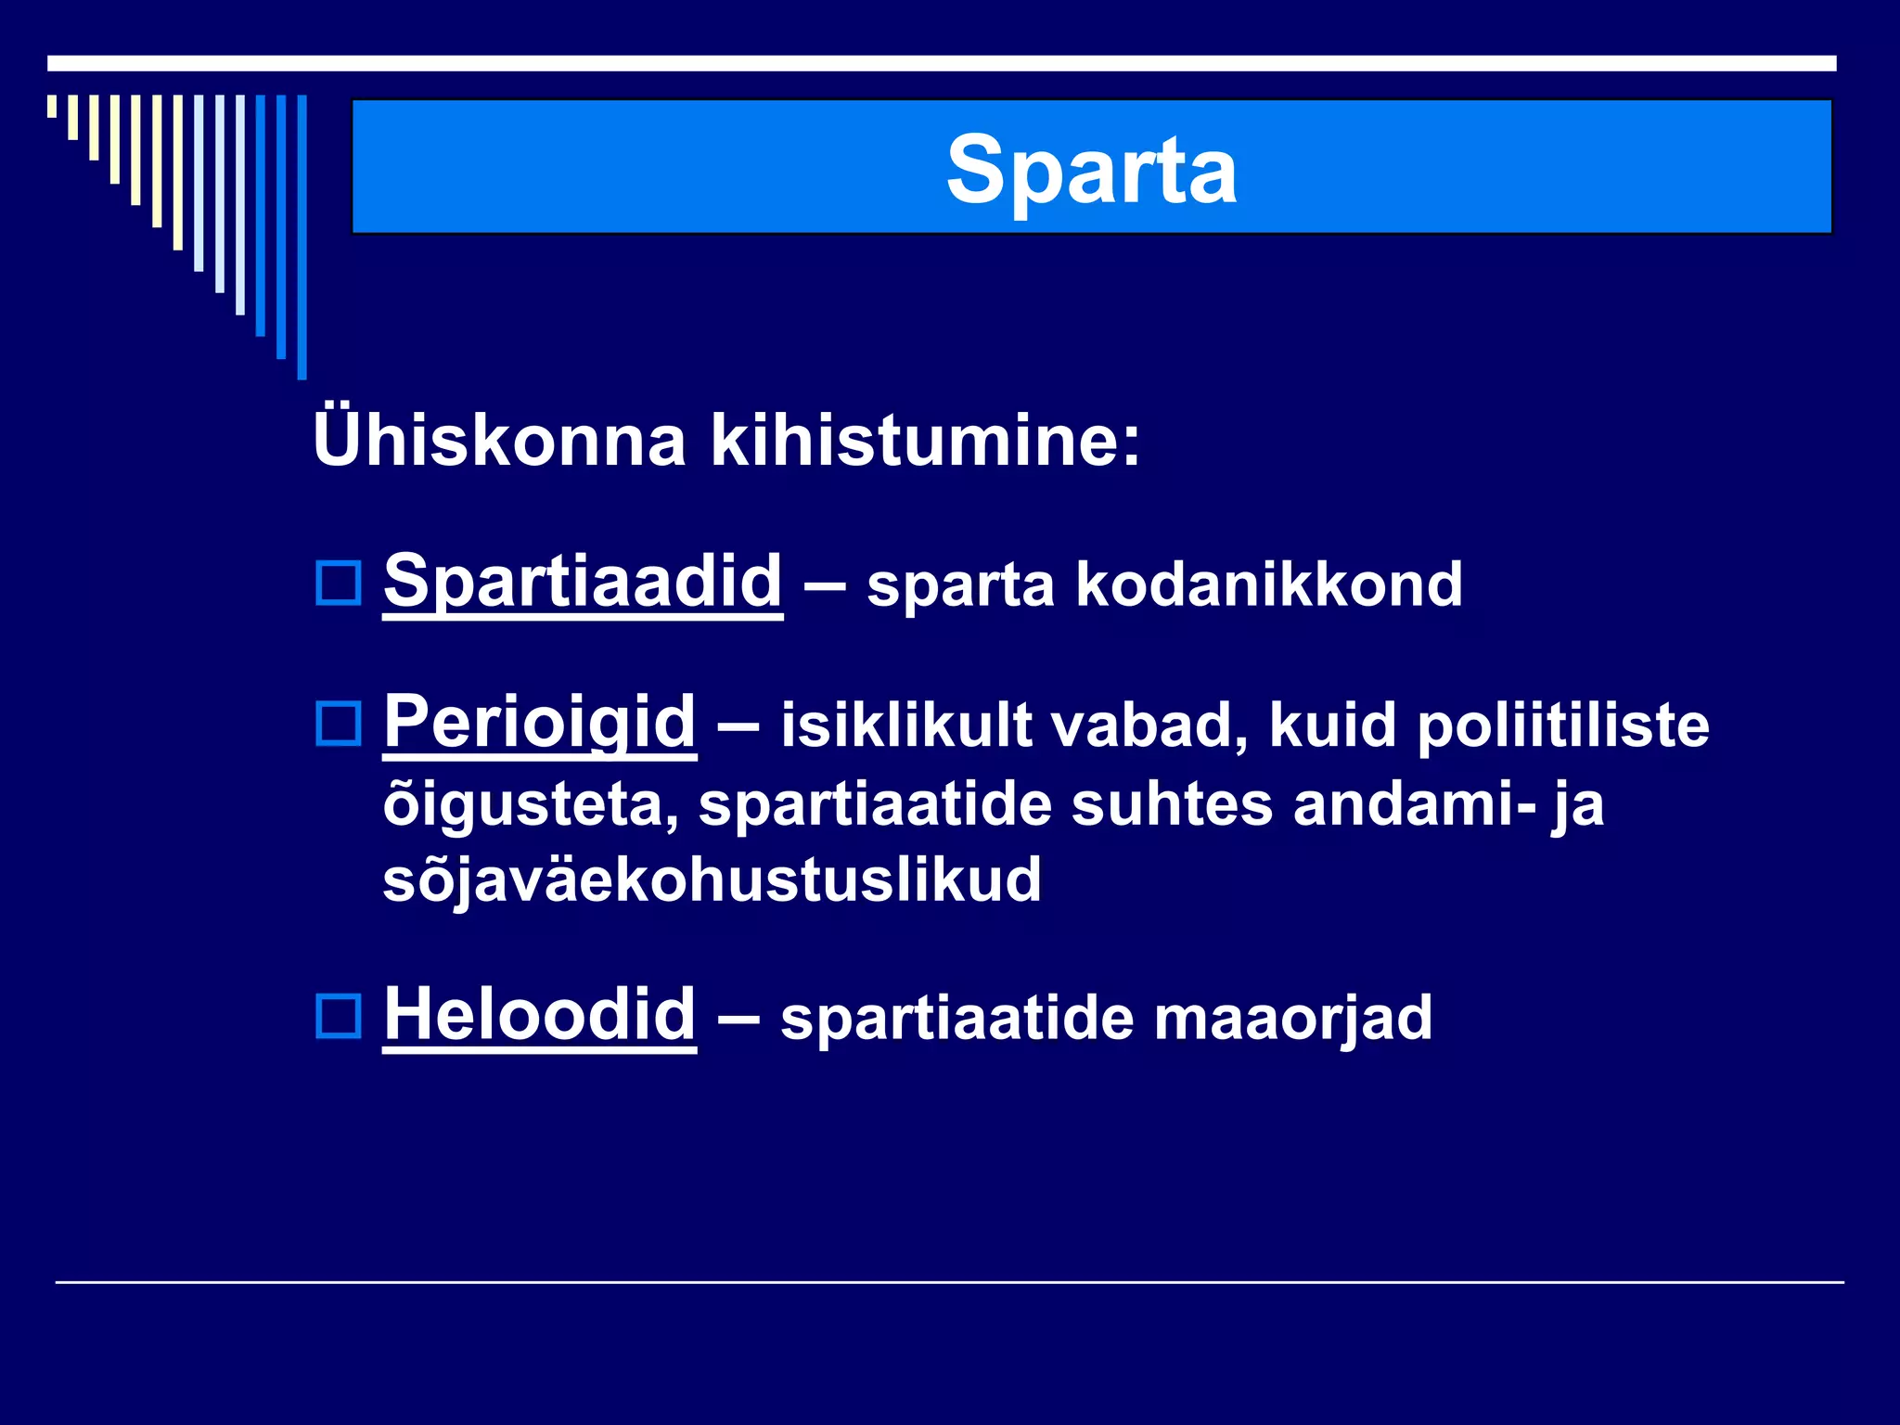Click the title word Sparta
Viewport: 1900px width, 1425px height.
(x=1091, y=169)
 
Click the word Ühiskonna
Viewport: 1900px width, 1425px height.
(x=499, y=440)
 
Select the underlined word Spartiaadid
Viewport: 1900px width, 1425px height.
(x=583, y=582)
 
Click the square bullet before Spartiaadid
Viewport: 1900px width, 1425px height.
(x=339, y=584)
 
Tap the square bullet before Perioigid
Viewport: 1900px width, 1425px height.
(x=339, y=724)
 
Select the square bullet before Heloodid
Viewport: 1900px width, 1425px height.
(x=339, y=1016)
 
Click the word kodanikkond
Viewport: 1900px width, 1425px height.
(x=1268, y=585)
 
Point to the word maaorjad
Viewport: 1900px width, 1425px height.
(x=1292, y=1019)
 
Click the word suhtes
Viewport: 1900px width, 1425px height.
(x=1171, y=803)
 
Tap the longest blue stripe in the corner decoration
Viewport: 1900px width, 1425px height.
(x=302, y=237)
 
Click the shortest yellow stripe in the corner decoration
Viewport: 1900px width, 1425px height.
(x=52, y=106)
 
